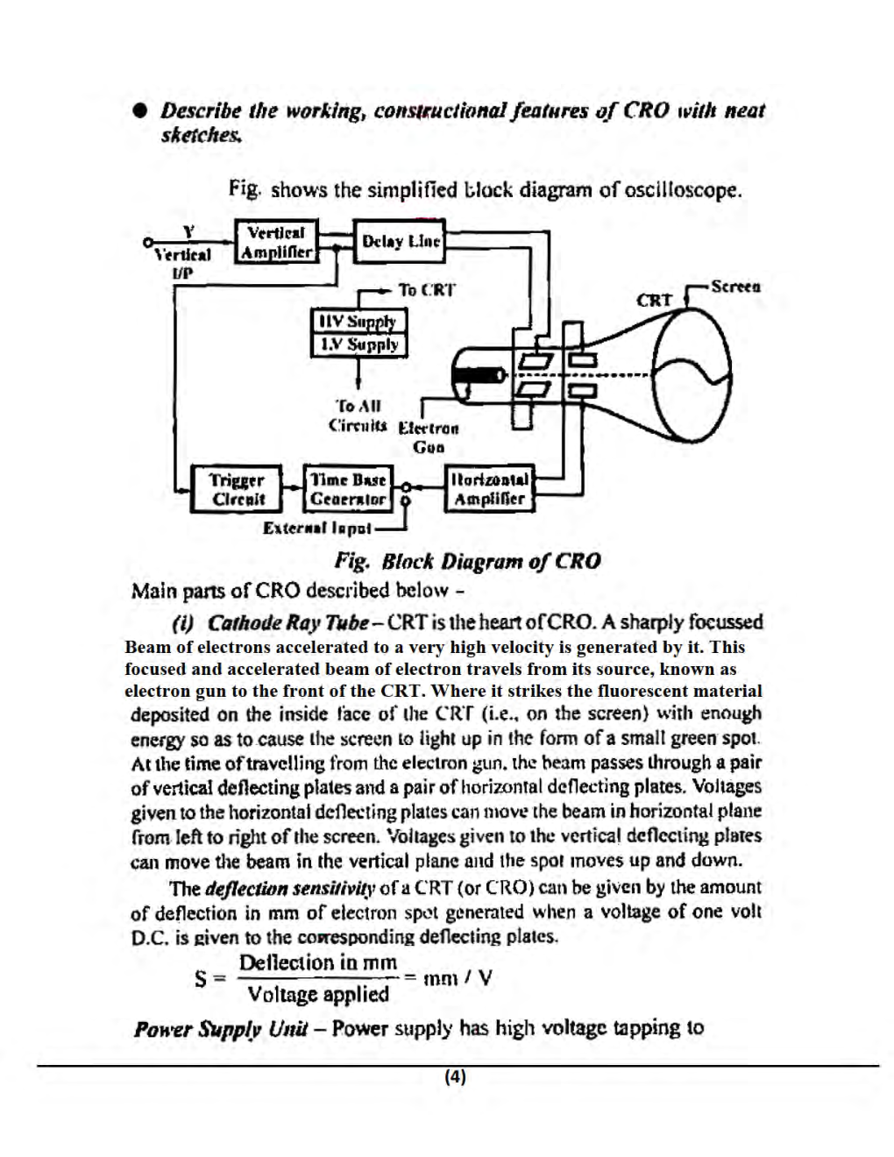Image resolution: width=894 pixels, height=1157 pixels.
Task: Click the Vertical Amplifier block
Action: click(276, 243)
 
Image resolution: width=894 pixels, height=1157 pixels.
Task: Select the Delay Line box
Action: click(400, 242)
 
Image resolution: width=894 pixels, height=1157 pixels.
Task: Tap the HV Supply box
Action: click(358, 321)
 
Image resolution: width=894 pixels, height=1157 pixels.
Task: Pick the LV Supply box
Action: click(358, 344)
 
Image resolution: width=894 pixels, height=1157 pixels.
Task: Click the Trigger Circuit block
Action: click(236, 489)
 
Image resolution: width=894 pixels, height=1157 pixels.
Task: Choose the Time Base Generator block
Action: click(347, 489)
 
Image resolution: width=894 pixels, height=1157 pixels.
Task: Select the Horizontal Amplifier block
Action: click(489, 489)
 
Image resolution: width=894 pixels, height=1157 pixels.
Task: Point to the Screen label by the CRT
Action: click(735, 287)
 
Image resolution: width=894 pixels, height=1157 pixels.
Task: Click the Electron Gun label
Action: click(428, 437)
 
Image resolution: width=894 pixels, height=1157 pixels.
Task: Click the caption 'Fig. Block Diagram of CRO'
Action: click(467, 561)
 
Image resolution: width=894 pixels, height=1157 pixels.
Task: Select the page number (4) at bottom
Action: click(454, 1077)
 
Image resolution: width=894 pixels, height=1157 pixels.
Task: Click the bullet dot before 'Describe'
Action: click(138, 112)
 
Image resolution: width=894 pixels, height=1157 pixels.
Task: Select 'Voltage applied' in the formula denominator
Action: click(318, 994)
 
